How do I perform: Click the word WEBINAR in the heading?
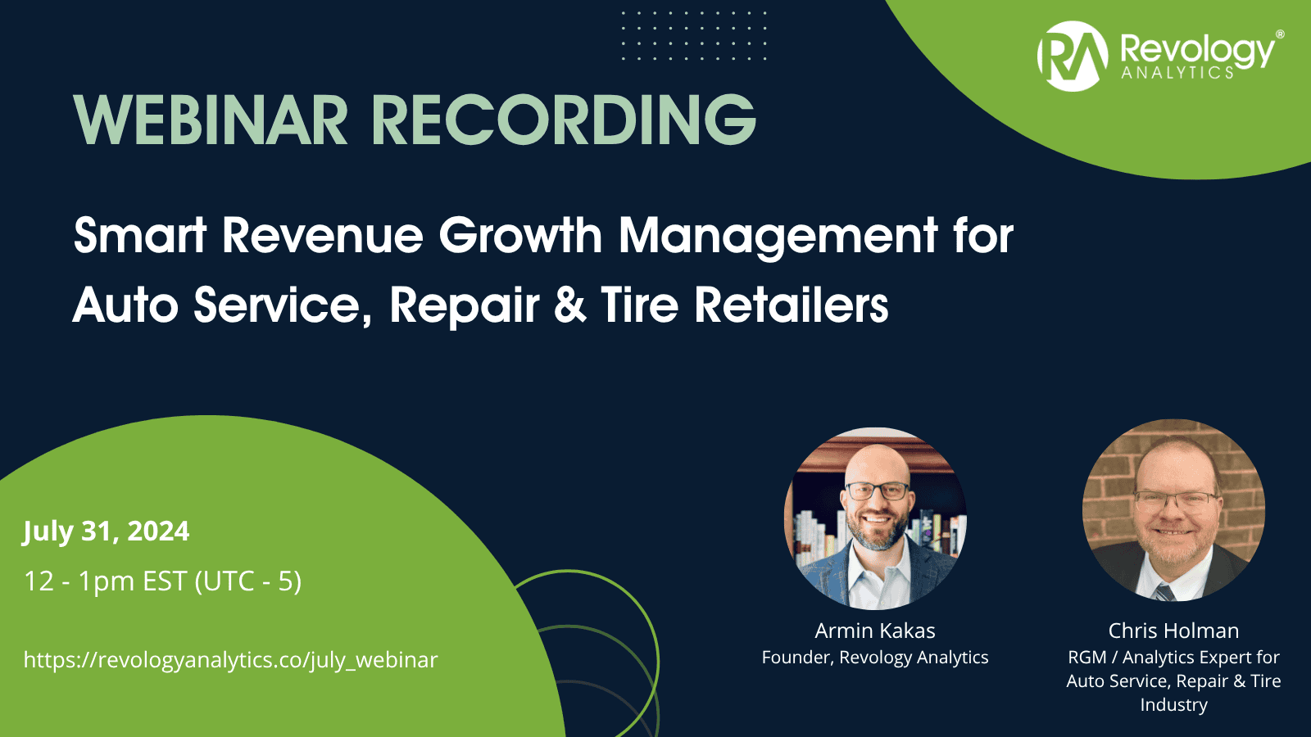211,120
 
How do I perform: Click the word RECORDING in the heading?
565,120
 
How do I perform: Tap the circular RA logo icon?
1073,57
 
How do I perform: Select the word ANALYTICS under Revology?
1177,72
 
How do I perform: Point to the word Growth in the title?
520,236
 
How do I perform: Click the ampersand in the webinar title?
570,305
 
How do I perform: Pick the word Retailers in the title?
792,305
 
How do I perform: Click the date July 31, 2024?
106,531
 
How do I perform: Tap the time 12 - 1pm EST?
106,581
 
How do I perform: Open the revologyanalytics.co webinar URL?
230,660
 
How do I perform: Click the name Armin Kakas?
875,631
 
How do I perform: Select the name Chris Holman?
1173,631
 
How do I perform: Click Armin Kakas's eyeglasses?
878,491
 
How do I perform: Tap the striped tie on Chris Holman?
1164,593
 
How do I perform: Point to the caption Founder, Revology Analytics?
875,658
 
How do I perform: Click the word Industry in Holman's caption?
1173,705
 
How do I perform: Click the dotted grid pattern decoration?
694,35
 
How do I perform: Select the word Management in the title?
778,236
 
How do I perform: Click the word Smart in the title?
139,236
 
